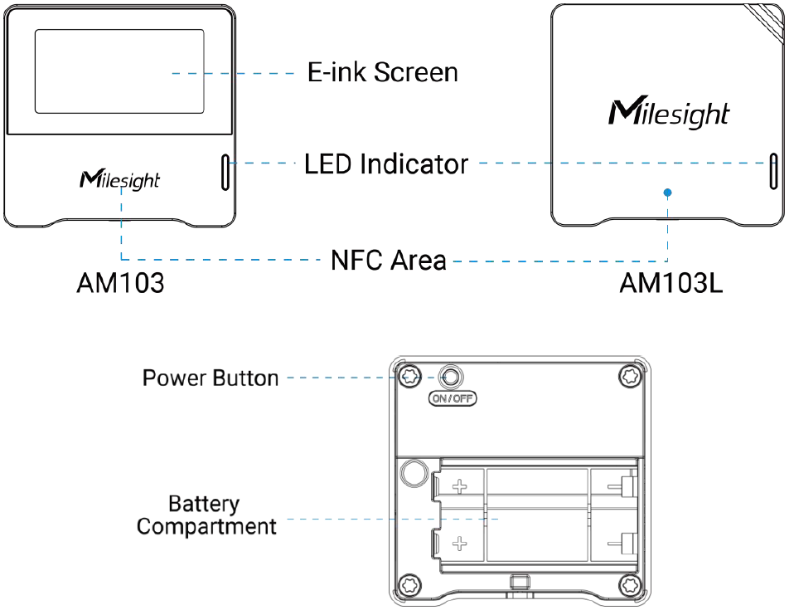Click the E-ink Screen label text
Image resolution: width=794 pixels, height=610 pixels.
point(383,72)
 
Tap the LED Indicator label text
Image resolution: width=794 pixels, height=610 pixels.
point(386,163)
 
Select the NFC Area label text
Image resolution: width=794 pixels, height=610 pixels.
point(389,260)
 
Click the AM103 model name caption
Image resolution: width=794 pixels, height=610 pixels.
point(120,283)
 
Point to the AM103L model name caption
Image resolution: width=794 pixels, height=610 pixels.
point(671,283)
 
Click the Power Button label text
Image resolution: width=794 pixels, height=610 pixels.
point(211,378)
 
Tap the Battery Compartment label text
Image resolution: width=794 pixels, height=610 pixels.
point(206,515)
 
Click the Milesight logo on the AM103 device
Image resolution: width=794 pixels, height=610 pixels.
point(120,180)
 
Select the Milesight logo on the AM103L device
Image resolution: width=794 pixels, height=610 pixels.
point(669,112)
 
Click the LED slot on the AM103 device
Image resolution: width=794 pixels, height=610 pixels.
point(225,173)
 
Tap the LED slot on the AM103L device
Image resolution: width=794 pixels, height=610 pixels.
point(773,172)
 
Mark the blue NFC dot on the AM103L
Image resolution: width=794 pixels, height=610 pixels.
point(667,193)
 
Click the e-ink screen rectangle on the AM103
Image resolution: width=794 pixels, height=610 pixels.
point(119,71)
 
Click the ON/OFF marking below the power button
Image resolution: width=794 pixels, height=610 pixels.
point(453,398)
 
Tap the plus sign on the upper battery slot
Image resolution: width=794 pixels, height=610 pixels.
point(459,487)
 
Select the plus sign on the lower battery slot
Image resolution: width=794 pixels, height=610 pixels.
point(459,544)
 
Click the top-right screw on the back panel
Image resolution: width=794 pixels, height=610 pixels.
point(631,376)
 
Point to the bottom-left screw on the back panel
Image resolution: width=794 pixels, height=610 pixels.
point(409,585)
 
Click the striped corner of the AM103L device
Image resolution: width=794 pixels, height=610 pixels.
point(766,22)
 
